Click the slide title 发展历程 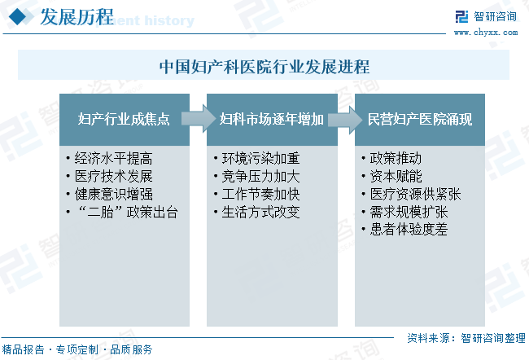(77, 18)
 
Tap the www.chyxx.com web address (486, 33)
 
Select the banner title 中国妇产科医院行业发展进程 (264, 66)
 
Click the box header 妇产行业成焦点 (124, 120)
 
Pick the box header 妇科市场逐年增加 (272, 120)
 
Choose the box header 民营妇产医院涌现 (420, 120)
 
